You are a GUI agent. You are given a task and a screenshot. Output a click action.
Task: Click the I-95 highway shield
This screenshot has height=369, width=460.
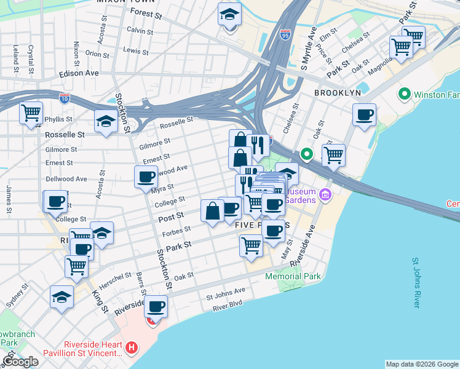click(284, 34)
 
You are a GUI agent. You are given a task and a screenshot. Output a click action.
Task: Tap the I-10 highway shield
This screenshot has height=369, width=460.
click(65, 98)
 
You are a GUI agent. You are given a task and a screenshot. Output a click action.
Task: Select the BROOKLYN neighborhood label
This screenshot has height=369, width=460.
click(338, 92)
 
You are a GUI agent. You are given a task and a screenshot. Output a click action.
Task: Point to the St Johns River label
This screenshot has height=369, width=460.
click(416, 283)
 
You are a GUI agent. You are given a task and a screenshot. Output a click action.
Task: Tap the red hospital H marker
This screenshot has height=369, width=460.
click(130, 348)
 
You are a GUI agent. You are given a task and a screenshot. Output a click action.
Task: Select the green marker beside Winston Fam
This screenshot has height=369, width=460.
click(404, 95)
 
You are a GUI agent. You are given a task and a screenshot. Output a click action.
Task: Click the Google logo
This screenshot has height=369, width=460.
click(20, 362)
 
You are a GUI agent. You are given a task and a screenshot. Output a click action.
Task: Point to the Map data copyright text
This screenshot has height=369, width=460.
click(422, 364)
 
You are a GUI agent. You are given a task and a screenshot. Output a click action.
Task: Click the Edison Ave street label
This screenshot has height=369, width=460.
click(79, 73)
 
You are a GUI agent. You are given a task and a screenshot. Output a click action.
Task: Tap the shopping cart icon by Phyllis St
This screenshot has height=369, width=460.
click(31, 113)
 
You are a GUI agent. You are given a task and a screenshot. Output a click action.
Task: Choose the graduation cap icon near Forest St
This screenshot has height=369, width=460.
click(229, 15)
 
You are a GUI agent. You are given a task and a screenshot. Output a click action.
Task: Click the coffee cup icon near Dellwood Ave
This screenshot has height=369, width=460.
click(146, 177)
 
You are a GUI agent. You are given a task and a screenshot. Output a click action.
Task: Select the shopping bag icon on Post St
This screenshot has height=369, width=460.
click(213, 211)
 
